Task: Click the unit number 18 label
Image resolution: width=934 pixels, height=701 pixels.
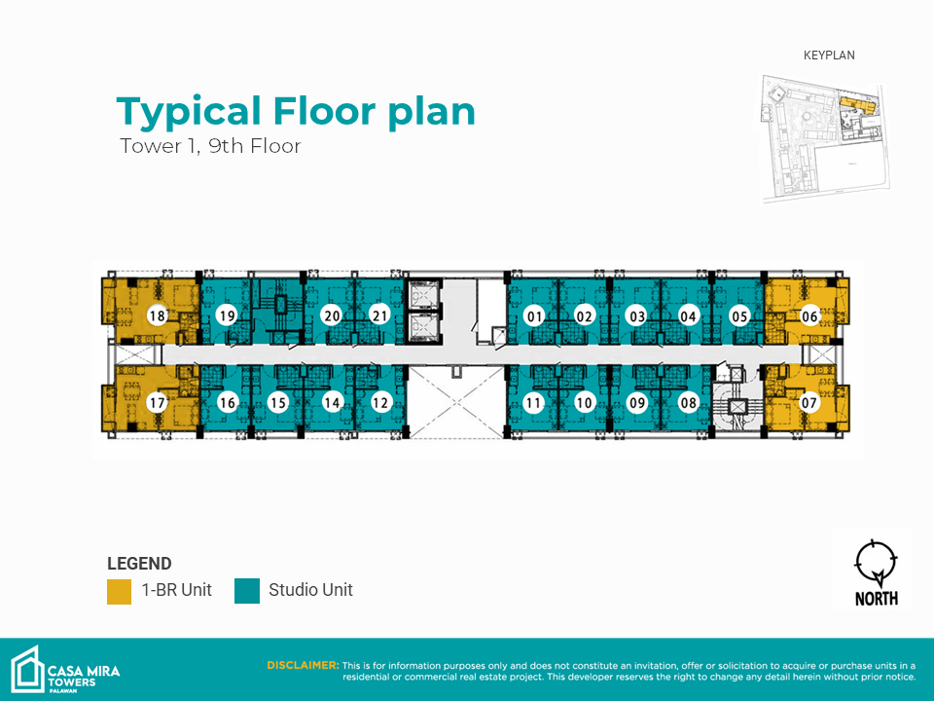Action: pyautogui.click(x=158, y=315)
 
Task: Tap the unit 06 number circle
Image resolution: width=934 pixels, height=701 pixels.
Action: pyautogui.click(x=808, y=315)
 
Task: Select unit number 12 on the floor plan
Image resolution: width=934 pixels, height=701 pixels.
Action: pyautogui.click(x=380, y=403)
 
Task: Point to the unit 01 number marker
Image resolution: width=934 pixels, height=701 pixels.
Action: pyautogui.click(x=534, y=316)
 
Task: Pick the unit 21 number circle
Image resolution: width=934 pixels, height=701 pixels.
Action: pyautogui.click(x=379, y=315)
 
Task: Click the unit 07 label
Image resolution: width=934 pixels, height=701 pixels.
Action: pyautogui.click(x=808, y=403)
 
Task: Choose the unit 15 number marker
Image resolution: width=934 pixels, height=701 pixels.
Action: pyautogui.click(x=278, y=403)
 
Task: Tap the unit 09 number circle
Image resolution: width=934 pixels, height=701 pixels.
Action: pyautogui.click(x=637, y=403)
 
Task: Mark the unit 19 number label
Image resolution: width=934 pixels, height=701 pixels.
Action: pyautogui.click(x=227, y=315)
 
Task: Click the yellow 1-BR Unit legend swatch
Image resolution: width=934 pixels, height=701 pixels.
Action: pyautogui.click(x=119, y=591)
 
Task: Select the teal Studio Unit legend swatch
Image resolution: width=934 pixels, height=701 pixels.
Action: pyautogui.click(x=247, y=591)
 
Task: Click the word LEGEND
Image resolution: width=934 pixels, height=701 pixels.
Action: pyautogui.click(x=139, y=564)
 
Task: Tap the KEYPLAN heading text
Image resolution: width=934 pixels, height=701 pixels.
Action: pyautogui.click(x=829, y=55)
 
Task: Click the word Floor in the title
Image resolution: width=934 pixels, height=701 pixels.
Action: pyautogui.click(x=325, y=111)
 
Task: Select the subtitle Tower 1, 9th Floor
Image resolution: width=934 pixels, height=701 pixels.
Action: pyautogui.click(x=210, y=146)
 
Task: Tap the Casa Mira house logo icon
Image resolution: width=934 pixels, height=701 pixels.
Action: pyautogui.click(x=27, y=670)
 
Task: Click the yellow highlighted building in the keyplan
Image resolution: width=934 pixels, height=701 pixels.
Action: pyautogui.click(x=857, y=105)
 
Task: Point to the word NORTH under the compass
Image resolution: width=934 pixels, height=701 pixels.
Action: pyautogui.click(x=877, y=598)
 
